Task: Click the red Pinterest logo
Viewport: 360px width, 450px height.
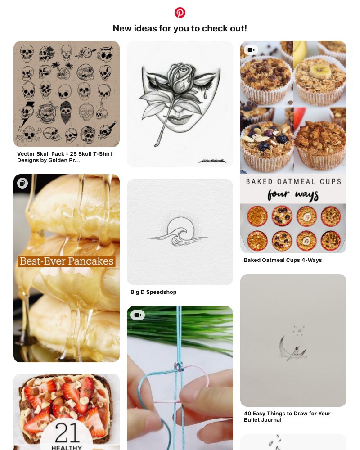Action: [180, 13]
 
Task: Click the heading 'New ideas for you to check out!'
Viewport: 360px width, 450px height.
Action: [180, 28]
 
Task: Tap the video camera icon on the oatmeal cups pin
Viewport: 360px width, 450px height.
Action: [251, 50]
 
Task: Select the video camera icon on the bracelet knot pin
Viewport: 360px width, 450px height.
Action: [138, 315]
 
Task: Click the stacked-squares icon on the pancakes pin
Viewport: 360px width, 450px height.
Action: [22, 183]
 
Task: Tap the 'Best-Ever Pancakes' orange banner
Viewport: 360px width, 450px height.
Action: [67, 261]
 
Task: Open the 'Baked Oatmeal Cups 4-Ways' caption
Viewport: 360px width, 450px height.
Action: [283, 260]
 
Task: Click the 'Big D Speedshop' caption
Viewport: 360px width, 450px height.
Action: [153, 292]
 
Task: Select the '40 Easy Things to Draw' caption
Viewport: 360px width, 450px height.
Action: [287, 416]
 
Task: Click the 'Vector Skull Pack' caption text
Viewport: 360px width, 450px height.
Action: [65, 157]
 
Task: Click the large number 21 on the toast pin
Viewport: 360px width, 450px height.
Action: [67, 432]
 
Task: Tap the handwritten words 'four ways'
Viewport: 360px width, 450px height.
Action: [293, 195]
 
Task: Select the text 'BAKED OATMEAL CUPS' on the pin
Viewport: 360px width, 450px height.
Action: [293, 182]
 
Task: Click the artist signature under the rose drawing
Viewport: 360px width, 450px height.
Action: [212, 161]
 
